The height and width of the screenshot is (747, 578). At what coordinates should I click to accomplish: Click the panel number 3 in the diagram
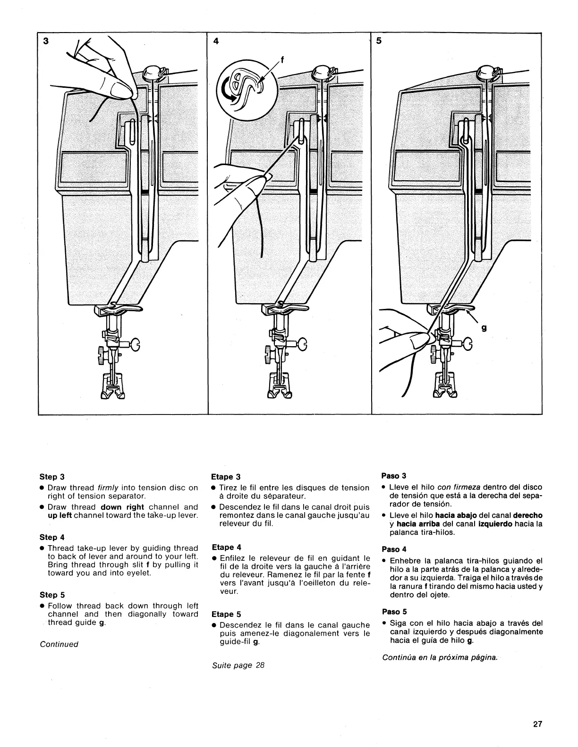click(x=45, y=41)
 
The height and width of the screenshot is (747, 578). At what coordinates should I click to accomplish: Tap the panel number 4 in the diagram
click(x=216, y=41)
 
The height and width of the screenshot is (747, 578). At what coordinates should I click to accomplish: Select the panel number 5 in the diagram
click(x=379, y=41)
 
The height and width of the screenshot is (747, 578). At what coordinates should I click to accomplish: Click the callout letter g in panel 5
click(x=483, y=329)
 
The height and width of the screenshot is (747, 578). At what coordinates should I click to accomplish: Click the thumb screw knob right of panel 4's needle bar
click(x=301, y=345)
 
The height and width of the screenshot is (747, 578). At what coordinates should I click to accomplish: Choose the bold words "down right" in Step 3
click(x=122, y=507)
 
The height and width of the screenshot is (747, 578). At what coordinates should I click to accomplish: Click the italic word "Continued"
click(x=59, y=644)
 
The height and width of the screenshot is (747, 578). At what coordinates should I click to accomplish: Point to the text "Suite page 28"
click(x=238, y=665)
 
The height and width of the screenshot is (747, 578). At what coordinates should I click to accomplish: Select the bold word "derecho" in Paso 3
click(x=527, y=515)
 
